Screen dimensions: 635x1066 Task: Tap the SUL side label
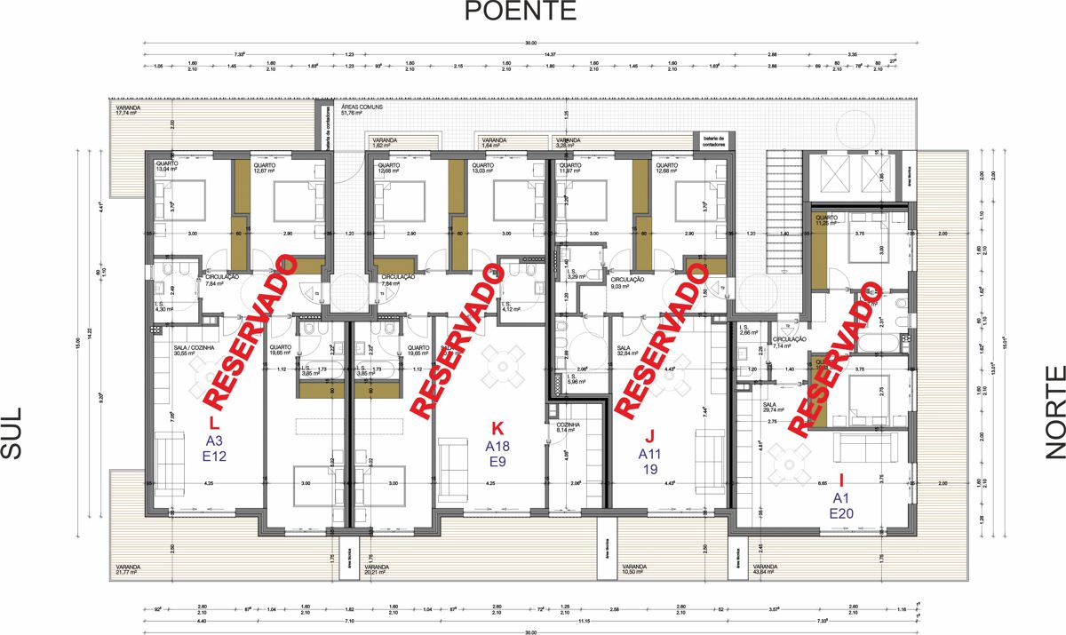(12, 434)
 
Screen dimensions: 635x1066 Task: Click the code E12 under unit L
(215, 456)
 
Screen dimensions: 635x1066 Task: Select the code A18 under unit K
(497, 447)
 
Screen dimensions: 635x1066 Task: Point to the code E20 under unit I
(841, 513)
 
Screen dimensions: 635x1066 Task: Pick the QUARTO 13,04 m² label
(169, 167)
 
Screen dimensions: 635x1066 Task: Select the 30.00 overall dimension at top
(530, 44)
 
